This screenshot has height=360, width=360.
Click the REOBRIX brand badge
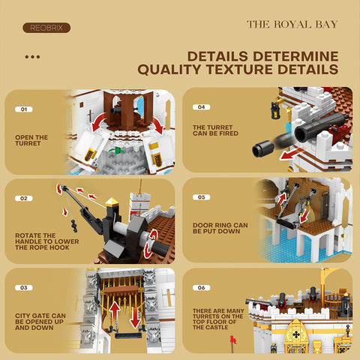pos(46,28)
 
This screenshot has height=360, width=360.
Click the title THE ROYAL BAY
pos(292,25)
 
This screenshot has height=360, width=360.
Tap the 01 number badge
pos(23,109)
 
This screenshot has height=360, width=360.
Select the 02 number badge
pos(23,199)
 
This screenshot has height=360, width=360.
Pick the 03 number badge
pos(23,287)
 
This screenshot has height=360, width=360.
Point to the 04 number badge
pos(201,107)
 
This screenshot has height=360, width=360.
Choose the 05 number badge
pos(201,197)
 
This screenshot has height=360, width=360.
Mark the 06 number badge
pos(201,287)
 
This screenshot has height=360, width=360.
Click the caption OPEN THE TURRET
pos(31,139)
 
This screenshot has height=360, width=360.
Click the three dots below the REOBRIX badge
pos(32,56)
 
